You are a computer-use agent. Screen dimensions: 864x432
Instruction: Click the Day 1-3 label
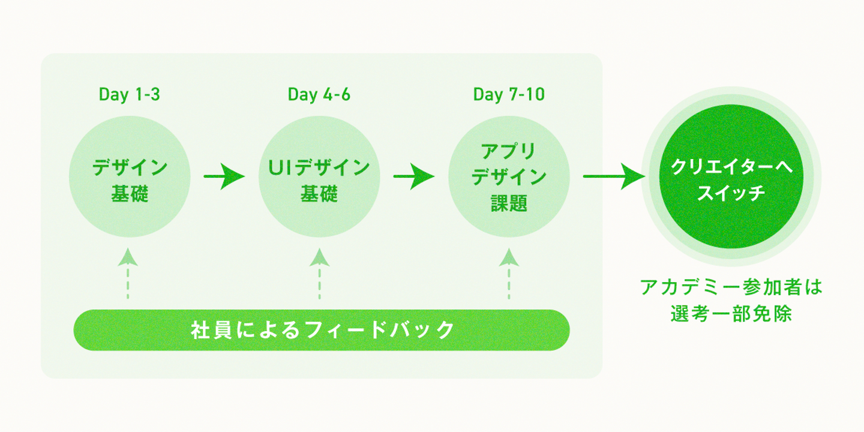[129, 95]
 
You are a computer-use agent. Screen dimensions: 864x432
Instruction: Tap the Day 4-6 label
[319, 95]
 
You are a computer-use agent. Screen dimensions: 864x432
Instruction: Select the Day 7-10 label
[509, 95]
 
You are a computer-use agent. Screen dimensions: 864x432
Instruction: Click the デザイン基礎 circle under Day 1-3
[130, 176]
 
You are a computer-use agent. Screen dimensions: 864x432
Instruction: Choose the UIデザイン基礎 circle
[319, 176]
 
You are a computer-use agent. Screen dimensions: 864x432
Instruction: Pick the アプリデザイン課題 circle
[509, 176]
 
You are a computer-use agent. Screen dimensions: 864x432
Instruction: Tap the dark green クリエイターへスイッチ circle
[731, 176]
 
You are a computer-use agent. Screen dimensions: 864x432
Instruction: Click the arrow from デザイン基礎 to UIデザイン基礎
[224, 176]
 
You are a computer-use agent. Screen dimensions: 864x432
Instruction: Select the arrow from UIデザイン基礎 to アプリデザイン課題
[414, 176]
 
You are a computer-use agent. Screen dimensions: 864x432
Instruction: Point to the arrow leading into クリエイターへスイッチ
[614, 176]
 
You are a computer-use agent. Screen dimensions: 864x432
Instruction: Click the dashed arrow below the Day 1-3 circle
[128, 274]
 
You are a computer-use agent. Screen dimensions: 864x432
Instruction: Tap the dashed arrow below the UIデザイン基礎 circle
[319, 274]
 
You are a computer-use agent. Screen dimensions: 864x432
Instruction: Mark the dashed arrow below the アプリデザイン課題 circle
[509, 274]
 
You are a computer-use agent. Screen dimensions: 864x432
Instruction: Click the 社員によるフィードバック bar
[322, 330]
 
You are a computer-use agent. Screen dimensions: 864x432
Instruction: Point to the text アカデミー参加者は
[731, 287]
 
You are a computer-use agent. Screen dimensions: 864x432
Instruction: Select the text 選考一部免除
[731, 314]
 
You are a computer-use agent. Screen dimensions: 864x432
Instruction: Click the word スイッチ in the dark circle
[731, 193]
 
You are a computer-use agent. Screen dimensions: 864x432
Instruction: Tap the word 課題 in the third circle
[509, 203]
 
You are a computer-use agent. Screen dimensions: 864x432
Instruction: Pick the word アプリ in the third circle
[508, 151]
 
